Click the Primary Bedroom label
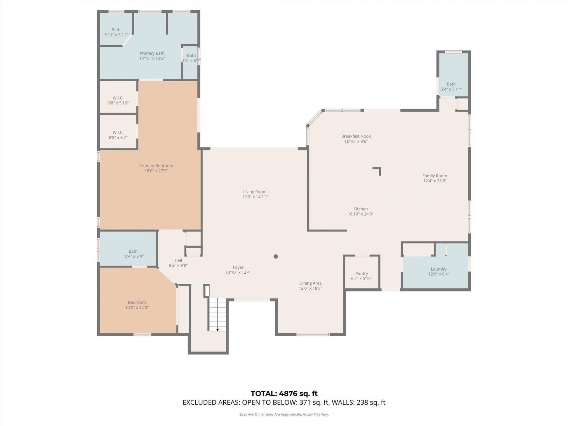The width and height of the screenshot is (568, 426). coord(156,166)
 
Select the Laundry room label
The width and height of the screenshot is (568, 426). coord(438,269)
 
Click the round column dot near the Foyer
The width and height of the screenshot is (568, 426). coord(276,256)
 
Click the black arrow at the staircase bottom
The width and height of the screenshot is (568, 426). coord(217,330)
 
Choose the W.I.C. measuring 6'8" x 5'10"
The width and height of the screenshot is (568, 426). coord(118,100)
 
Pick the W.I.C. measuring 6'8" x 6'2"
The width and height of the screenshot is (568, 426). coord(118,135)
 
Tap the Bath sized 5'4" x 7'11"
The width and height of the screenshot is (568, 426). coord(451,86)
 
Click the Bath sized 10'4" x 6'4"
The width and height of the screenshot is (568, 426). coord(133,254)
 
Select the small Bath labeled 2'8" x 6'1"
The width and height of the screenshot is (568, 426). coord(191,58)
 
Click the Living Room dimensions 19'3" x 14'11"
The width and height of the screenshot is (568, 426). coord(255,197)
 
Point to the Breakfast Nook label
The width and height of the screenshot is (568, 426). coord(356,136)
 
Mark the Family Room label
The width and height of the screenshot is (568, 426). coord(435,176)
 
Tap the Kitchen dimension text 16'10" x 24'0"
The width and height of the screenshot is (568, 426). coord(361,214)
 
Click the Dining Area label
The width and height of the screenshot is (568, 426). coord(310,283)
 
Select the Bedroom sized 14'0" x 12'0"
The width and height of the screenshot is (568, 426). coord(137,305)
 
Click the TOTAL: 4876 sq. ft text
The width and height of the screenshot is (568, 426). coord(284,393)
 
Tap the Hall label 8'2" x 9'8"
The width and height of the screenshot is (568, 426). coord(178,263)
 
